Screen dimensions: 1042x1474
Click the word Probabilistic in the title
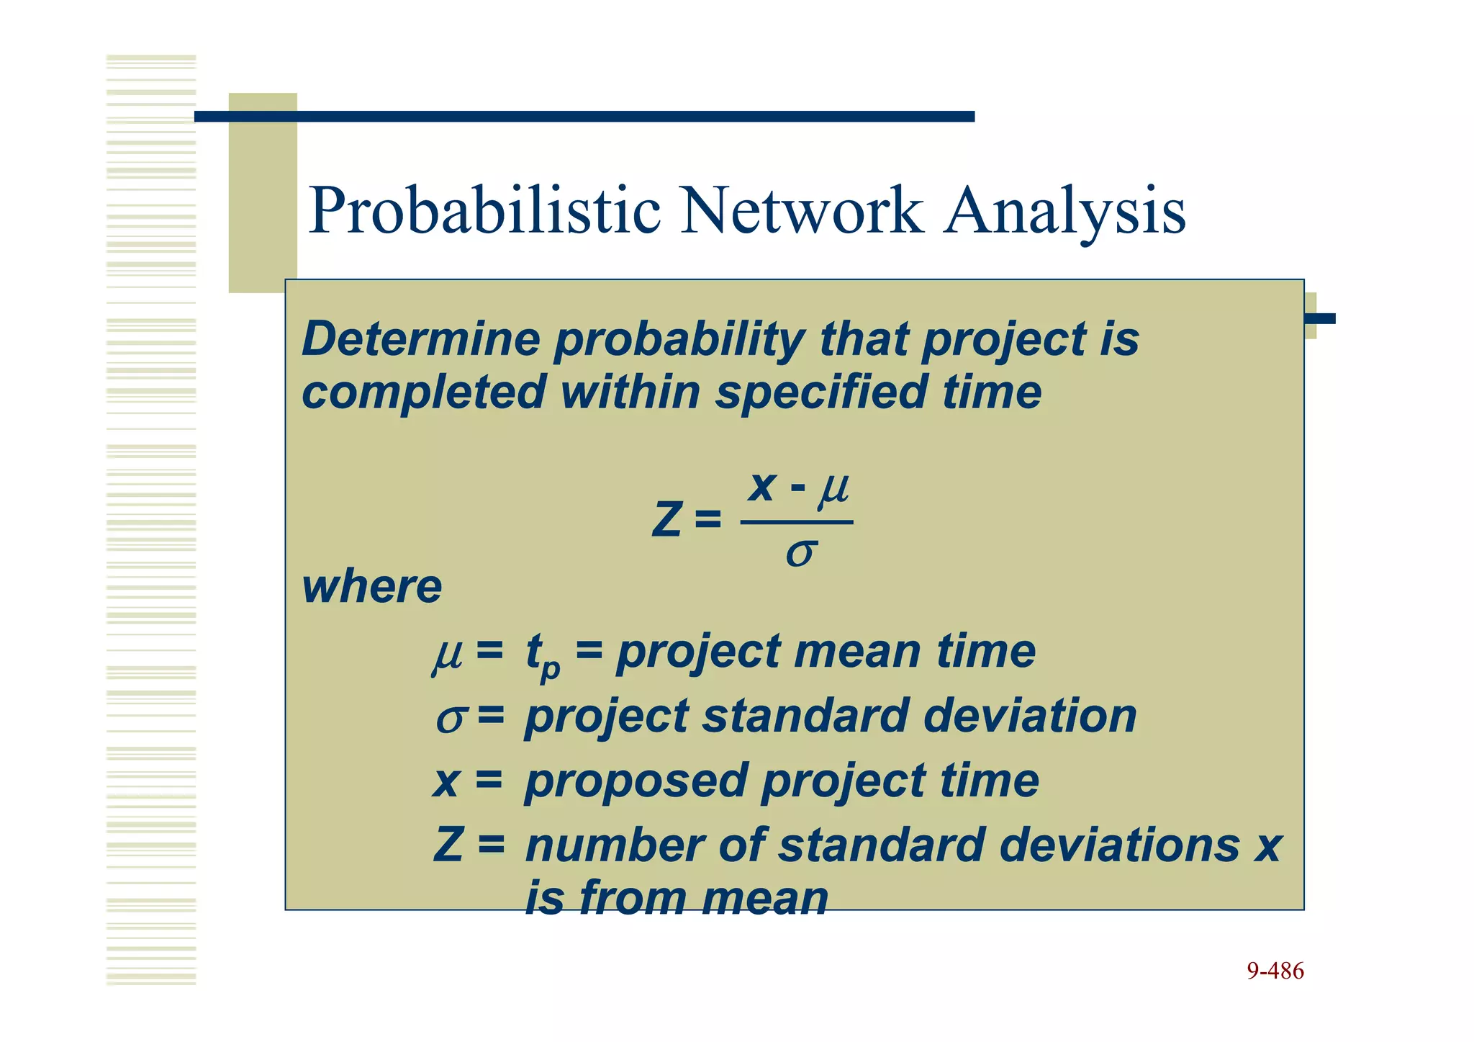point(484,211)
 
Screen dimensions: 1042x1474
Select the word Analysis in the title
point(1064,211)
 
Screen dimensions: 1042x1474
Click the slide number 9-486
point(1275,971)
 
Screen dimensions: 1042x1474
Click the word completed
point(422,393)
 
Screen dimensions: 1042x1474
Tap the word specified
point(820,393)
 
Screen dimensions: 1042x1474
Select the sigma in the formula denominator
point(800,554)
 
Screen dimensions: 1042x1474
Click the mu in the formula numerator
point(833,489)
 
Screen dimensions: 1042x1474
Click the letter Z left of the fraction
point(666,520)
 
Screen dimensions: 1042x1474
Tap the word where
point(371,587)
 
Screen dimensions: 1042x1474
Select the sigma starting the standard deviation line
point(451,718)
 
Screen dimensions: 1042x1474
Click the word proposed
point(636,781)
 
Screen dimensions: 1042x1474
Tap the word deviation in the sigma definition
point(1029,717)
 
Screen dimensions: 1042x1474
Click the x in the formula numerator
point(761,488)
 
